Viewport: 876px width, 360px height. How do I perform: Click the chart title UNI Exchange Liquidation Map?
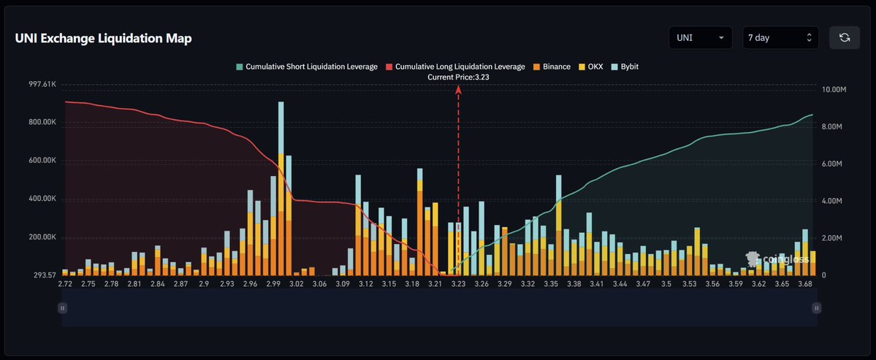[104, 39]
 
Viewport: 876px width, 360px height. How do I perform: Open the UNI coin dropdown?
[700, 37]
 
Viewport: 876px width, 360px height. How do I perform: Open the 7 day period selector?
[780, 37]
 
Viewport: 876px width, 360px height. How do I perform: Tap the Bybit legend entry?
[625, 66]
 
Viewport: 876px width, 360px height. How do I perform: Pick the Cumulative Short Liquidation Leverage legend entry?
[307, 66]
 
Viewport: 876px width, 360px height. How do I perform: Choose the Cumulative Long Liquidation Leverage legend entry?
[454, 66]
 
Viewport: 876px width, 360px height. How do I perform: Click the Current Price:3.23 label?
[458, 77]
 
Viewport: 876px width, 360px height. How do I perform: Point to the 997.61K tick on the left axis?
[42, 85]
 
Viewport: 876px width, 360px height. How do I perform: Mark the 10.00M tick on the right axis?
[834, 90]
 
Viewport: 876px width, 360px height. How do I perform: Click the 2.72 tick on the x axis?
[65, 283]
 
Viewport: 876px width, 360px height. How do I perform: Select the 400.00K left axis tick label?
[42, 199]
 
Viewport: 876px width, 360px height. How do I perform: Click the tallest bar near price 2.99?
[281, 190]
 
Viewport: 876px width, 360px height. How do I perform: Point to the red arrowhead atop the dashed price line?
[458, 89]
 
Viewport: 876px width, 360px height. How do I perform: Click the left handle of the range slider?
[63, 308]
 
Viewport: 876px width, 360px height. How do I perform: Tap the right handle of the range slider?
[815, 308]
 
